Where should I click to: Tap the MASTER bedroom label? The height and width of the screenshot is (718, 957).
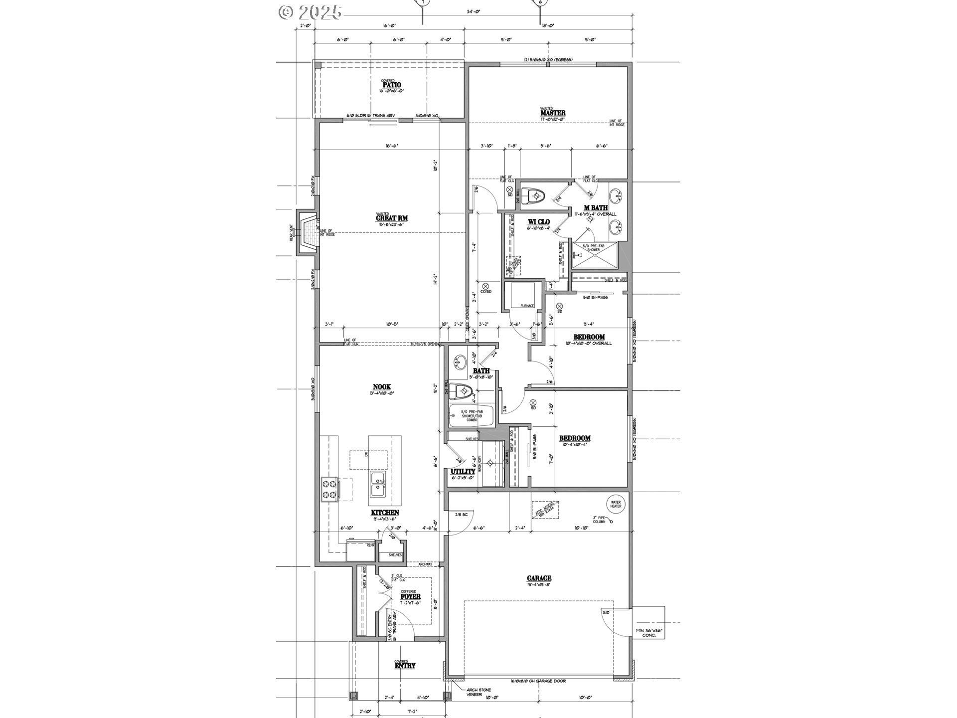click(553, 113)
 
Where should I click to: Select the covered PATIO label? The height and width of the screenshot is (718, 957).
click(391, 85)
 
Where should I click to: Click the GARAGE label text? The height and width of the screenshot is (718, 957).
click(539, 578)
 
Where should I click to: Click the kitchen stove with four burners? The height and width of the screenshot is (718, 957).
click(329, 489)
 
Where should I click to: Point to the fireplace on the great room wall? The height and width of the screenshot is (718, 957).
click(308, 233)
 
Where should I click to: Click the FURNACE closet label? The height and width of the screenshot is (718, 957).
click(527, 306)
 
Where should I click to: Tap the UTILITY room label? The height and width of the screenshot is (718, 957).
click(463, 471)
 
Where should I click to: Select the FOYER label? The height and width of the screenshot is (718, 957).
click(410, 596)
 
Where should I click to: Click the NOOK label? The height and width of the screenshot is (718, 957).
click(382, 387)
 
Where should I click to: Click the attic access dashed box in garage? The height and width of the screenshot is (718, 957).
click(545, 511)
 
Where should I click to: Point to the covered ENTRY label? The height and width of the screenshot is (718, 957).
click(405, 665)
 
